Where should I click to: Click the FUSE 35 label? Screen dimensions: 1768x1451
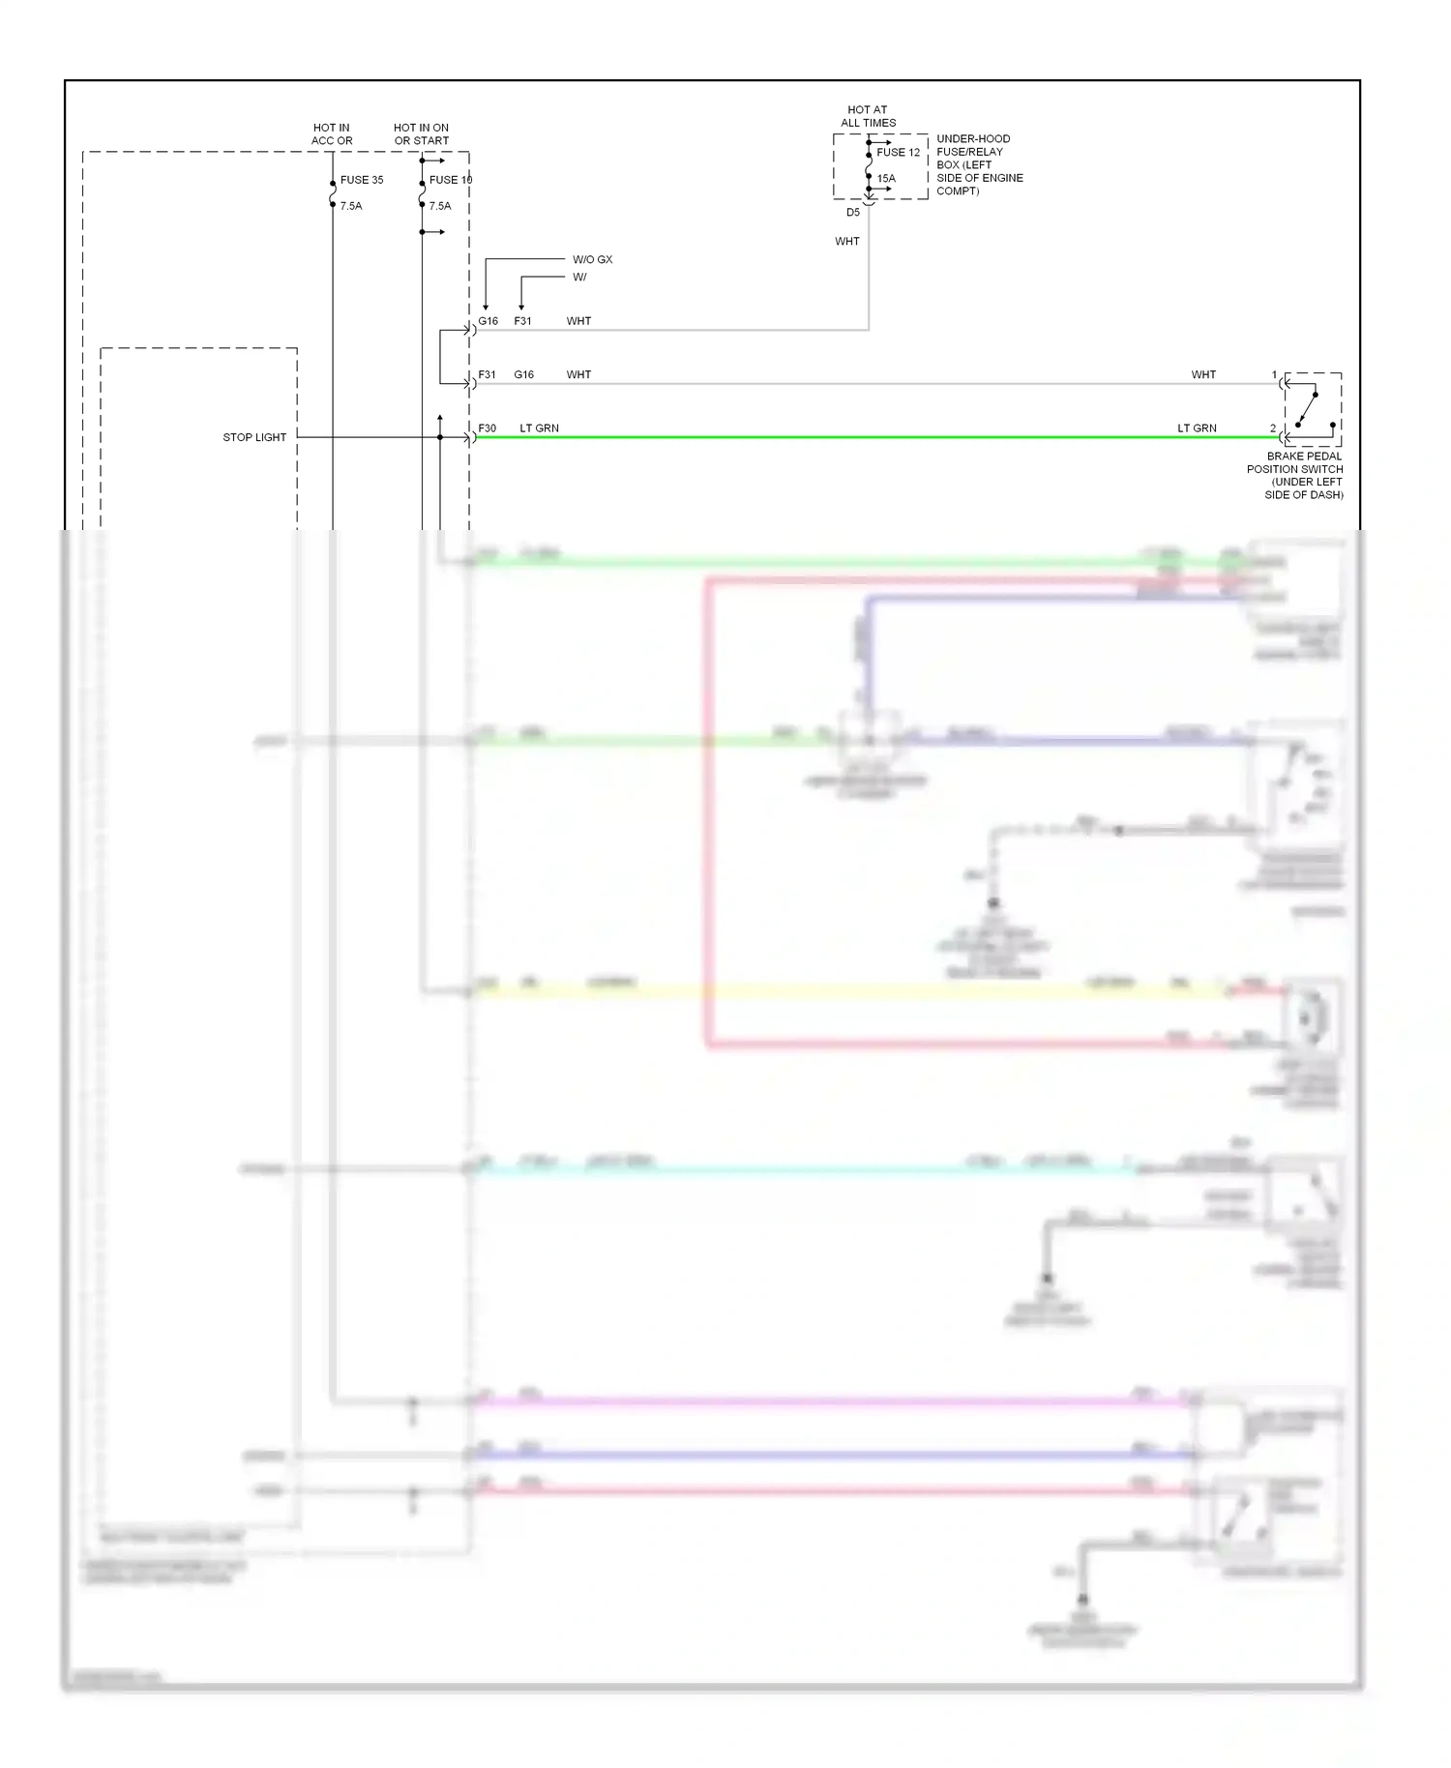click(362, 180)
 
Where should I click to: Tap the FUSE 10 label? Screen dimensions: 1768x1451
click(451, 180)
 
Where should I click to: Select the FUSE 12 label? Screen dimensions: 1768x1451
click(899, 153)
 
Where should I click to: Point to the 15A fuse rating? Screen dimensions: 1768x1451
click(886, 179)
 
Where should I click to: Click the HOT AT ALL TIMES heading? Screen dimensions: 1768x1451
click(868, 116)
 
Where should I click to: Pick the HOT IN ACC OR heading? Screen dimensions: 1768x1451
click(332, 134)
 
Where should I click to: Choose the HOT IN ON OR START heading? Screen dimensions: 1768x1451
click(421, 134)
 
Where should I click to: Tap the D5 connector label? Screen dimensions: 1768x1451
click(853, 213)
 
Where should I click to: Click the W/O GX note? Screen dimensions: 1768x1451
click(592, 259)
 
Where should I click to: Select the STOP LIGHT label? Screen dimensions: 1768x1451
click(254, 437)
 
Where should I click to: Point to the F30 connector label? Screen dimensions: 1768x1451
click(488, 428)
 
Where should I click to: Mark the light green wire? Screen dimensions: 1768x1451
click(871, 438)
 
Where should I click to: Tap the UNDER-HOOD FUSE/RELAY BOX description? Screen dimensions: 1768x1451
click(979, 164)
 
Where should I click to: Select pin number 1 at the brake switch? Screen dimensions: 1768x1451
click(1274, 375)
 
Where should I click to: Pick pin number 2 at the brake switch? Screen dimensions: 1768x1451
click(1273, 428)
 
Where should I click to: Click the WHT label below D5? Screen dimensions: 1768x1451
click(847, 242)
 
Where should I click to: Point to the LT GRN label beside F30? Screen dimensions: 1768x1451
click(539, 428)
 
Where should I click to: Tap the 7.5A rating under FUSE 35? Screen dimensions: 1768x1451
click(351, 206)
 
